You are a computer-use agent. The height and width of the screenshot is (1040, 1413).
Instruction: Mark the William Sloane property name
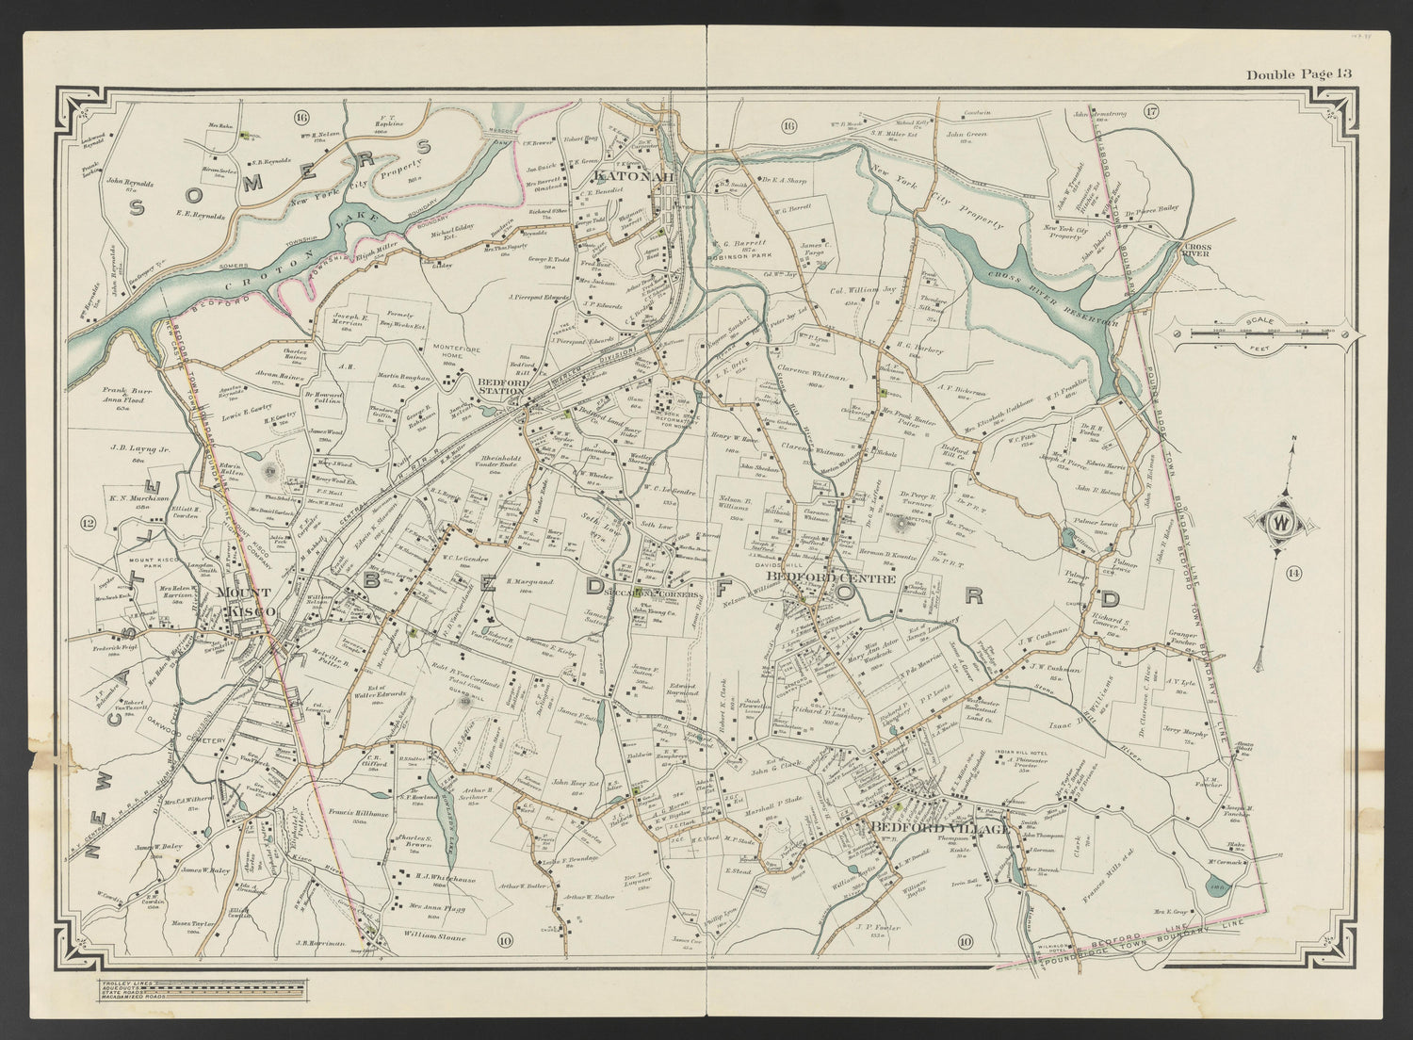click(427, 935)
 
